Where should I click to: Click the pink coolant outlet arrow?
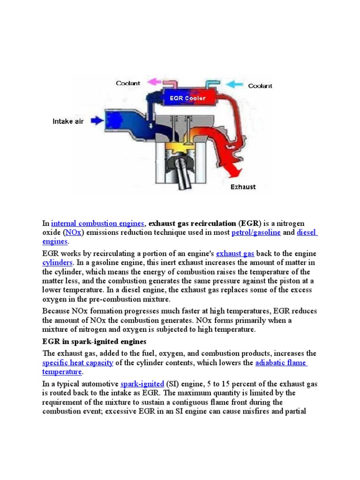pyautogui.click(x=153, y=82)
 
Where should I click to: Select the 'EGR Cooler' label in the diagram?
pyautogui.click(x=187, y=98)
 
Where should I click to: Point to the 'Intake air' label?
pyautogui.click(x=68, y=121)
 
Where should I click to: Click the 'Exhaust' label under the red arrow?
pyautogui.click(x=243, y=187)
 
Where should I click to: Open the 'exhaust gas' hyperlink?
pyautogui.click(x=235, y=254)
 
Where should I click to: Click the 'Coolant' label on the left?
pyautogui.click(x=128, y=83)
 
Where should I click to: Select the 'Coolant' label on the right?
pyautogui.click(x=260, y=86)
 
